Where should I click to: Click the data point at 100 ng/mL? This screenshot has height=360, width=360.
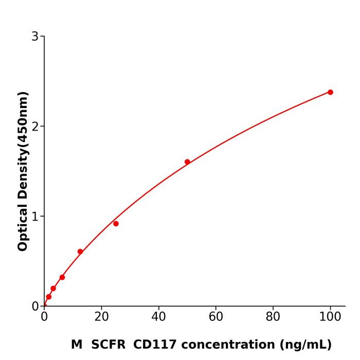[330, 92]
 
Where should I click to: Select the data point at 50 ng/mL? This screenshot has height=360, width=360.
[187, 161]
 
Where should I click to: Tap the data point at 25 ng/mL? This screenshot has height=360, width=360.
[116, 224]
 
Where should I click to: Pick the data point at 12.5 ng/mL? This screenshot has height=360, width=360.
[80, 251]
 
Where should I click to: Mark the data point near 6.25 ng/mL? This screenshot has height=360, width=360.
[62, 277]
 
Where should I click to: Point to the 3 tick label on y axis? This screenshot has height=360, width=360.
[35, 36]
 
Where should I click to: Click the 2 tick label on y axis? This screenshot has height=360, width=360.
[35, 126]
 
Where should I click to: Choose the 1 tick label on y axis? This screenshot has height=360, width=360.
[35, 216]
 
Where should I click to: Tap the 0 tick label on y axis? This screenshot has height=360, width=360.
[35, 306]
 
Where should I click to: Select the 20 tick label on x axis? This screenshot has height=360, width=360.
[101, 317]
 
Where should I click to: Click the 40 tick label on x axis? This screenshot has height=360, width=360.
[158, 317]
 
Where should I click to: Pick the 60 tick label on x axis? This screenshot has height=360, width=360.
[216, 317]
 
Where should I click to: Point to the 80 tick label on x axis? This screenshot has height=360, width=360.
[273, 317]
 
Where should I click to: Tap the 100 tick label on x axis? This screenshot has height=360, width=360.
[330, 317]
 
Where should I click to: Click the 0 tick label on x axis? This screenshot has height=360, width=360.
[44, 317]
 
